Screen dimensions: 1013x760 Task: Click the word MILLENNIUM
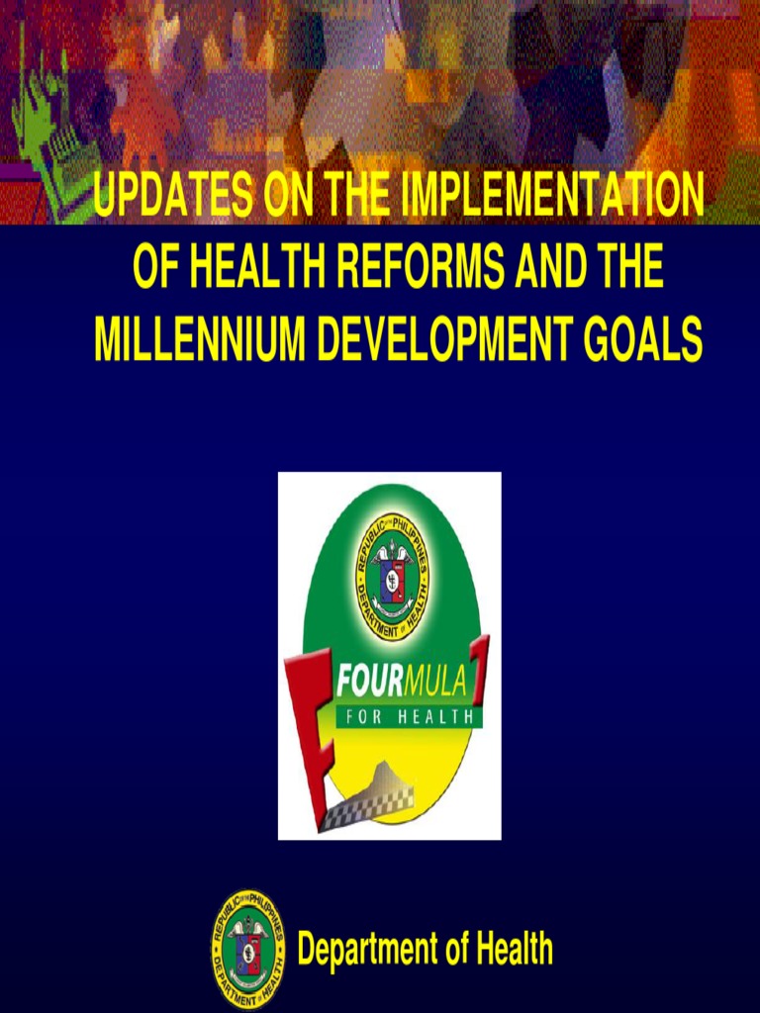tap(187, 340)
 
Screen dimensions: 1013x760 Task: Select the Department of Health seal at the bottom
tap(247, 949)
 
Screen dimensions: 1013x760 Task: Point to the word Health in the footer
tap(513, 950)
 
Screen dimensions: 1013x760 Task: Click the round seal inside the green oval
tap(392, 576)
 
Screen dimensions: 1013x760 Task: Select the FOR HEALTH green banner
tap(408, 717)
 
